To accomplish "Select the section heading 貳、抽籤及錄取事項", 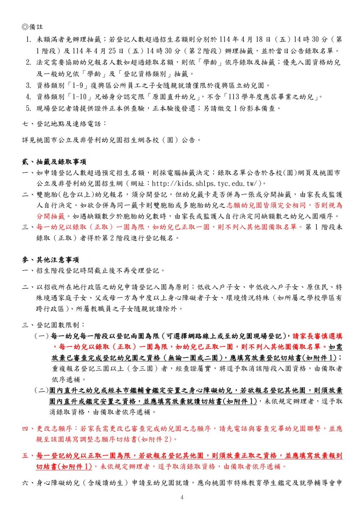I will tap(54, 162).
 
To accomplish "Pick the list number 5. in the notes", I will tap(28, 108).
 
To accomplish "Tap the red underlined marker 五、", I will tap(28, 456).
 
